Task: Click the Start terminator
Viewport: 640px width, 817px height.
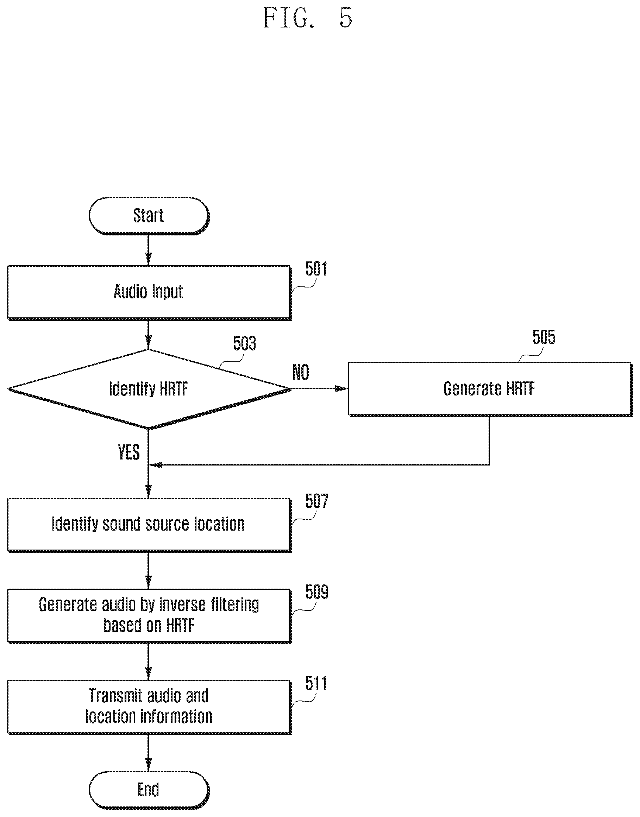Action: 149,216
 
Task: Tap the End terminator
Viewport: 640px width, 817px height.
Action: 149,790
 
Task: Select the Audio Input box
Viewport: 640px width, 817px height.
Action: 149,293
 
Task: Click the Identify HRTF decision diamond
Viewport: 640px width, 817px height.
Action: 149,389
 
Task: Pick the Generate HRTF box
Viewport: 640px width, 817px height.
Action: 490,389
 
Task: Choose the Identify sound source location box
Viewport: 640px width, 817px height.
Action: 149,525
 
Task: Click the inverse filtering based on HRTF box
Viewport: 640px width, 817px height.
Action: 149,616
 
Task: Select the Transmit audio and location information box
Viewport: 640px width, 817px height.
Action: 149,707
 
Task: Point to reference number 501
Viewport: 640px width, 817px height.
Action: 316,269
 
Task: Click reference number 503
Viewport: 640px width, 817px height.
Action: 244,343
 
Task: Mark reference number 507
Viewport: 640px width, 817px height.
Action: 316,501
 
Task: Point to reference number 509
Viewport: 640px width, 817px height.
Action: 316,592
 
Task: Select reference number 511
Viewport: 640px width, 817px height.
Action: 316,683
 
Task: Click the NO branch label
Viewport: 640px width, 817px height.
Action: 301,372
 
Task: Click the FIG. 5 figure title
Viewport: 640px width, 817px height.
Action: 308,18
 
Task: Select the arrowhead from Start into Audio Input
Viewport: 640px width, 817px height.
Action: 149,259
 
